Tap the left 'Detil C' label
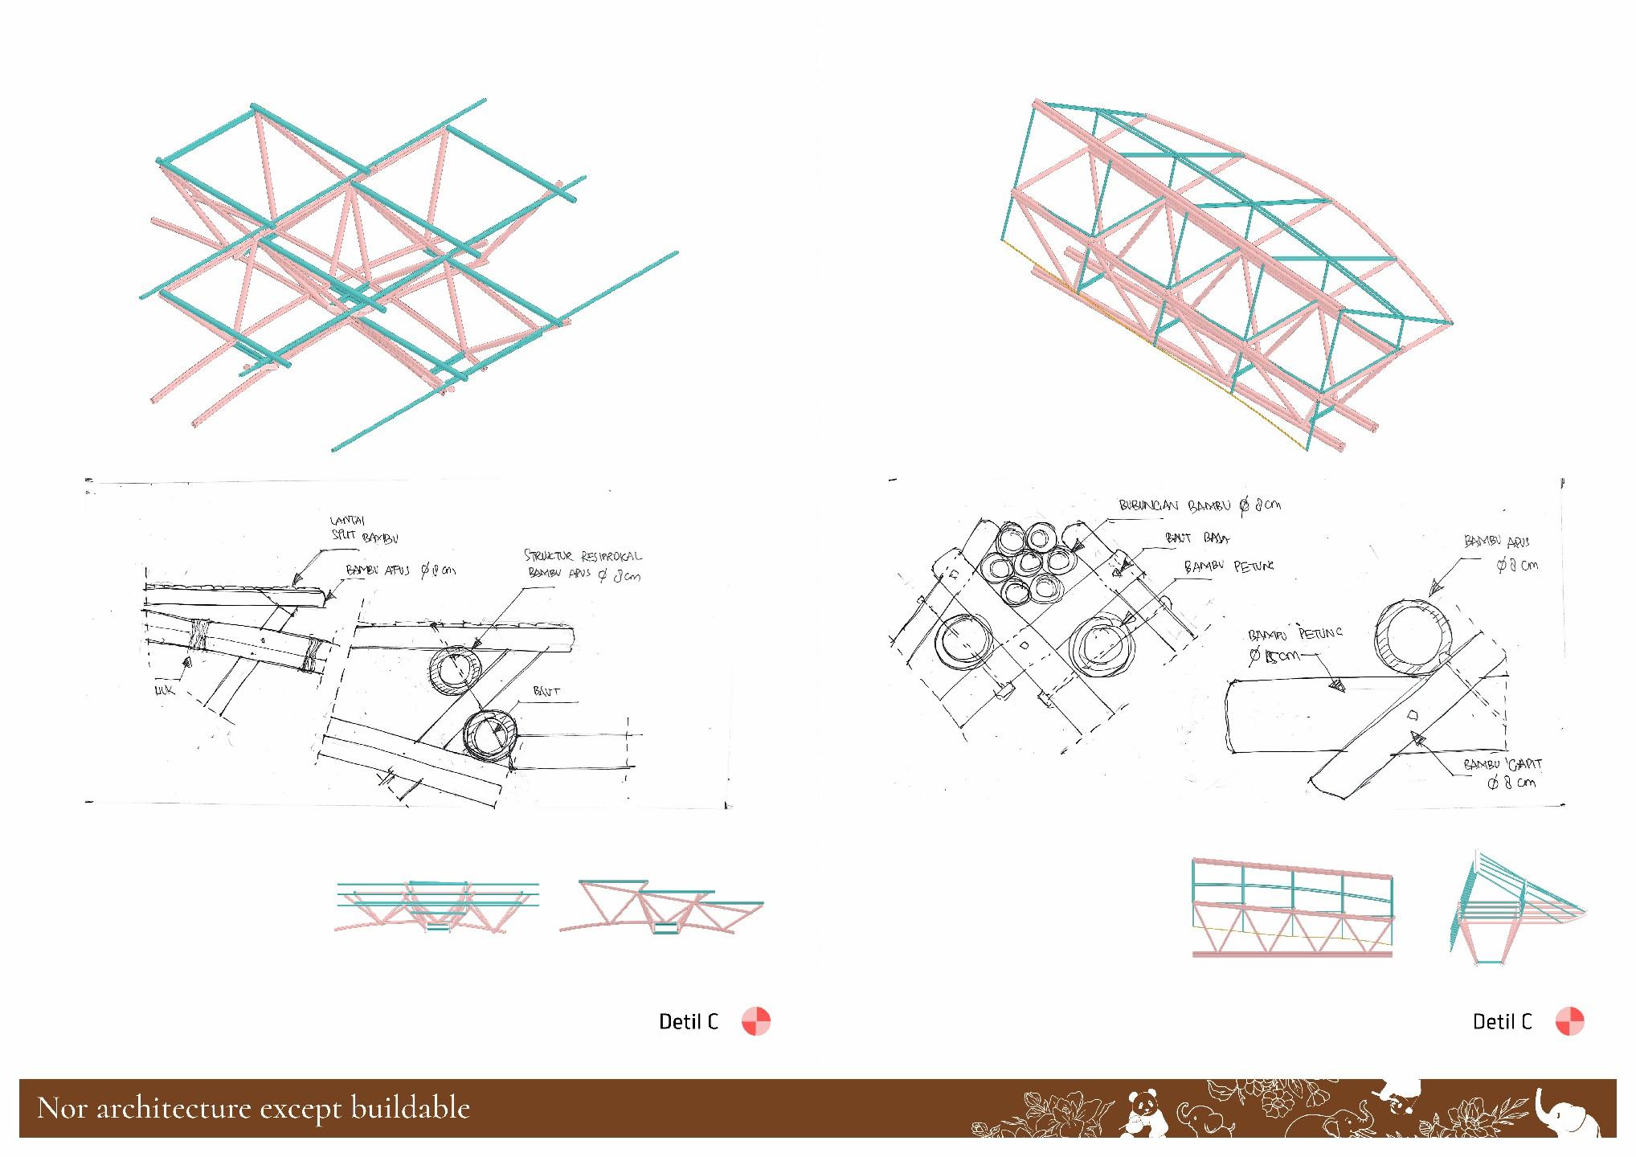[x=688, y=1021]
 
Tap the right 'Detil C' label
[x=1502, y=1021]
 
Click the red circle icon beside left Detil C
[x=755, y=1021]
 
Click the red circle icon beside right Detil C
[x=1569, y=1021]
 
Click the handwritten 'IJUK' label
[x=165, y=689]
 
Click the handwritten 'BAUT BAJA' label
[x=1197, y=538]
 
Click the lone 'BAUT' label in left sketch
[x=546, y=691]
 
